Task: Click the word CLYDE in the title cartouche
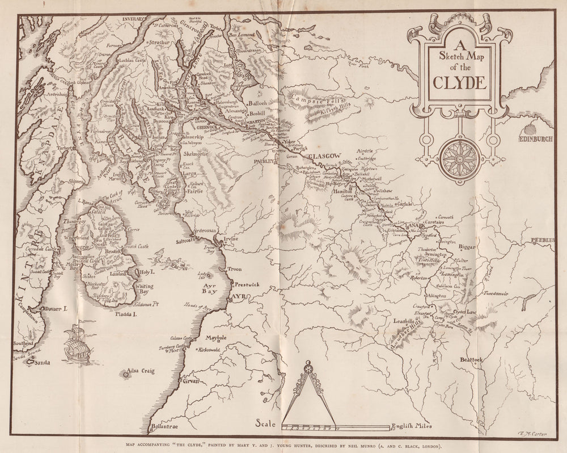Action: click(460, 82)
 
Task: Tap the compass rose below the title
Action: click(459, 159)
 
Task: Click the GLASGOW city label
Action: click(325, 156)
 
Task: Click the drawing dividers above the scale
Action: click(308, 392)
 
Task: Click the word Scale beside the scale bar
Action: click(265, 423)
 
